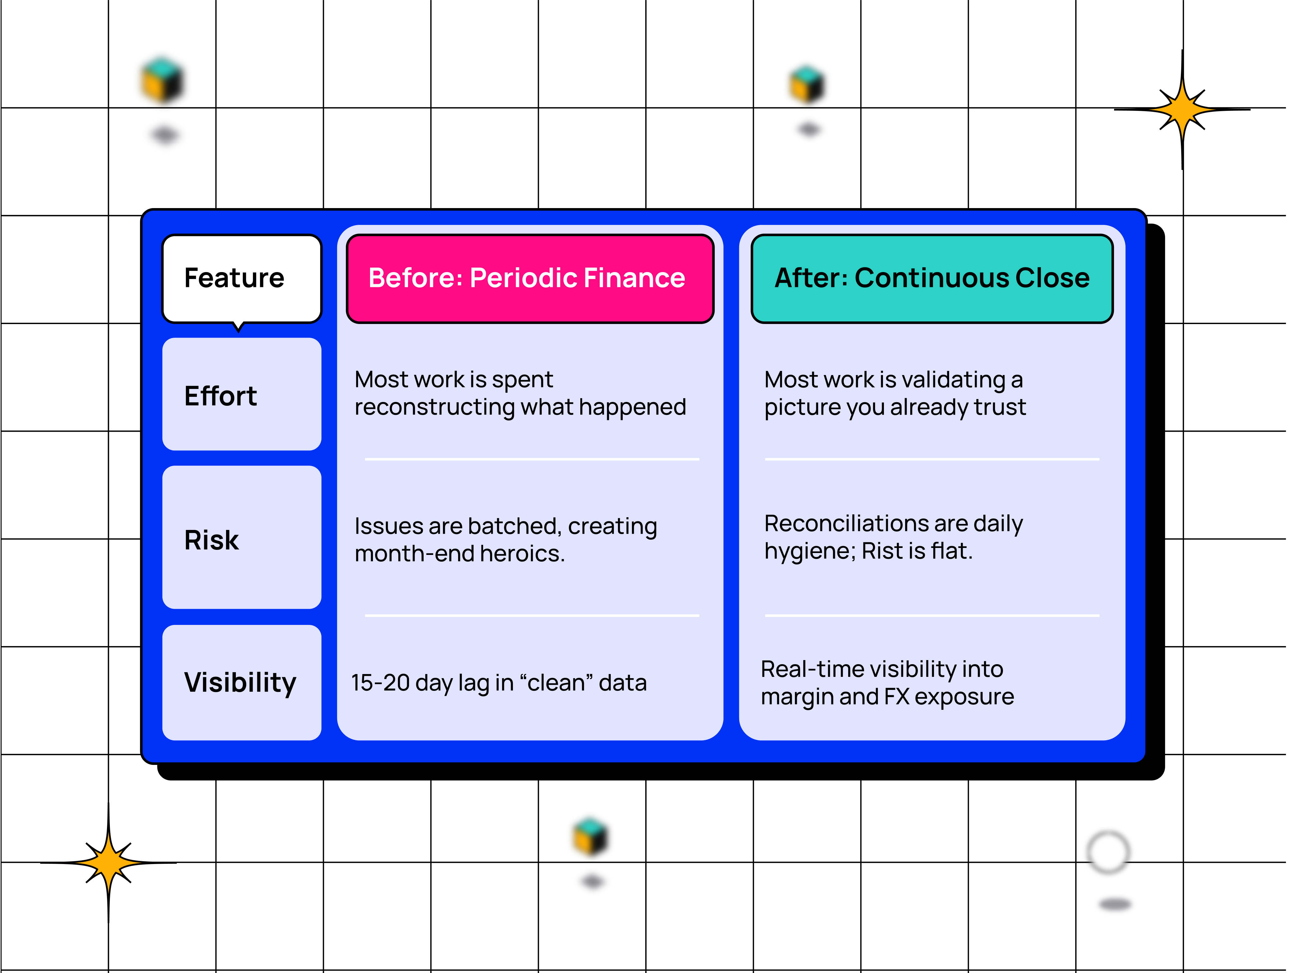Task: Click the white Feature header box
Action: point(241,278)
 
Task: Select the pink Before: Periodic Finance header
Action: point(529,278)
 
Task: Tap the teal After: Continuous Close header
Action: point(932,278)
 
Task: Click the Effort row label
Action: point(221,396)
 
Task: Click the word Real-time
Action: point(818,670)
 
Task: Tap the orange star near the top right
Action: point(1182,109)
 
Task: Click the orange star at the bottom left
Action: point(109,862)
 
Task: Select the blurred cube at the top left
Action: point(162,80)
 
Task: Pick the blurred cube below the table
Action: point(591,837)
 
